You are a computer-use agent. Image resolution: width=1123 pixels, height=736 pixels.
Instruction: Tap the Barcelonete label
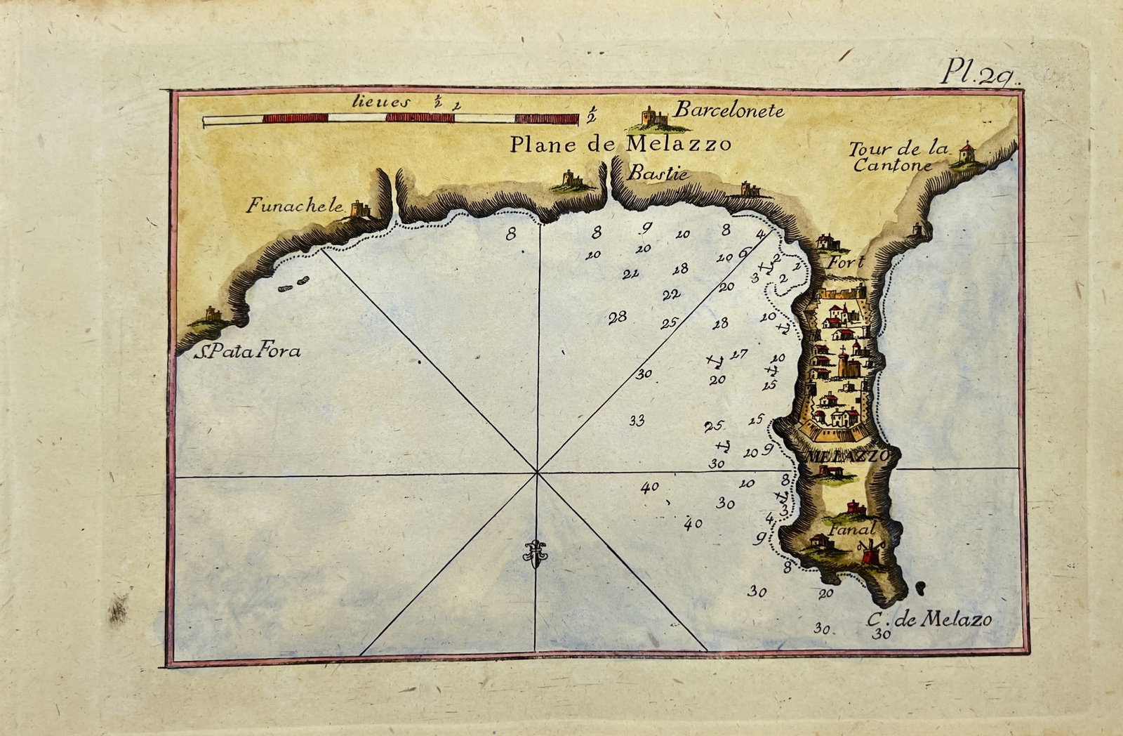click(x=729, y=111)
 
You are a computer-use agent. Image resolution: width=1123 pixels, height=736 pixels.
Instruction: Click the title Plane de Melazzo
click(x=620, y=145)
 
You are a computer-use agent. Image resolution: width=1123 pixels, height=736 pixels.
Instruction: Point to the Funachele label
click(x=295, y=206)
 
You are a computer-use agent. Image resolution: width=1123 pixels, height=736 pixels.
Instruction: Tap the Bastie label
click(x=657, y=173)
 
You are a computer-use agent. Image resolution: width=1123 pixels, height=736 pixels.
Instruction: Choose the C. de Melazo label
click(x=929, y=619)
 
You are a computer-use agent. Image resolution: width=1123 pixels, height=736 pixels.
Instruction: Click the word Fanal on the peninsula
click(x=851, y=530)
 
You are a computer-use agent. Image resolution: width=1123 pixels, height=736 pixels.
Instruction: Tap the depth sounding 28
click(x=617, y=317)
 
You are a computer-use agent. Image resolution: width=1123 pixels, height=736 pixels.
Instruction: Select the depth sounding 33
click(x=637, y=421)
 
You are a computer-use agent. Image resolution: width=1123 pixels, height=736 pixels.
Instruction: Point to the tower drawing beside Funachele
click(x=360, y=209)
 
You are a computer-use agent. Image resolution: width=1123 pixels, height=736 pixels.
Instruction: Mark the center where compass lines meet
click(x=537, y=473)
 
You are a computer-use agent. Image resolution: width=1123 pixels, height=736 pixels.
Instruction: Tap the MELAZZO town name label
click(x=849, y=455)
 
